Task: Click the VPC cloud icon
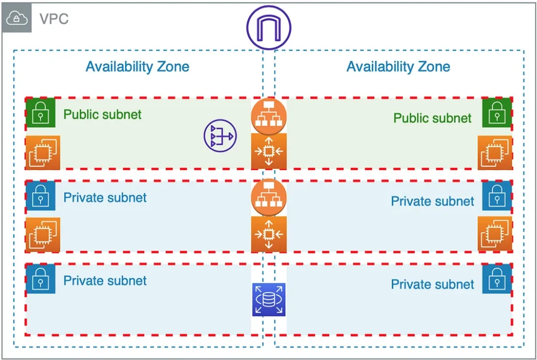click(17, 18)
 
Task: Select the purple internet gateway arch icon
click(268, 28)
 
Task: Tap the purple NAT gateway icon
click(220, 136)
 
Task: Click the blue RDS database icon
click(268, 300)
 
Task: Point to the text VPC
click(54, 19)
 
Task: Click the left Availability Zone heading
click(137, 67)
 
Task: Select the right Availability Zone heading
click(398, 67)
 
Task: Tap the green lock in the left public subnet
click(40, 112)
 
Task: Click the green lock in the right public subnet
click(497, 112)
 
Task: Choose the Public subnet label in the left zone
click(102, 114)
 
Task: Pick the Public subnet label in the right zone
click(433, 118)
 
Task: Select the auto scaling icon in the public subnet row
click(268, 151)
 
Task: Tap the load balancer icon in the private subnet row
click(268, 197)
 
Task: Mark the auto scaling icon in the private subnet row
click(268, 234)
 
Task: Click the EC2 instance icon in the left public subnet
click(42, 153)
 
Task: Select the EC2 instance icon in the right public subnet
click(495, 153)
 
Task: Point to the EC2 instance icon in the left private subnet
click(42, 235)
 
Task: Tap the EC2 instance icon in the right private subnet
click(495, 234)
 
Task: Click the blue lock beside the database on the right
click(497, 279)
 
